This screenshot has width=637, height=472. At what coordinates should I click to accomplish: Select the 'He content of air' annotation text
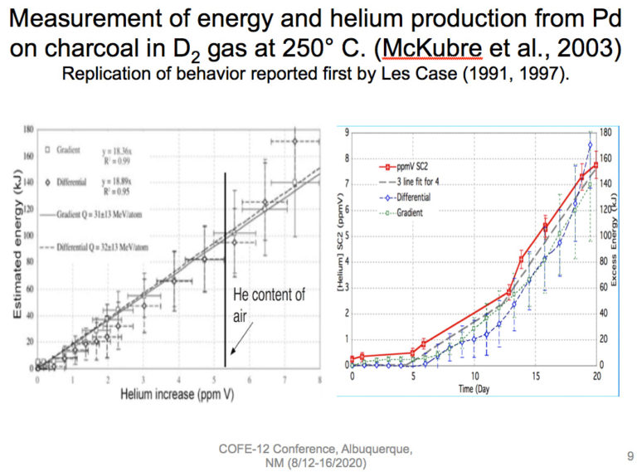coord(267,304)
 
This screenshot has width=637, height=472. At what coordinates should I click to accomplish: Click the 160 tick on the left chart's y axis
coord(30,155)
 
